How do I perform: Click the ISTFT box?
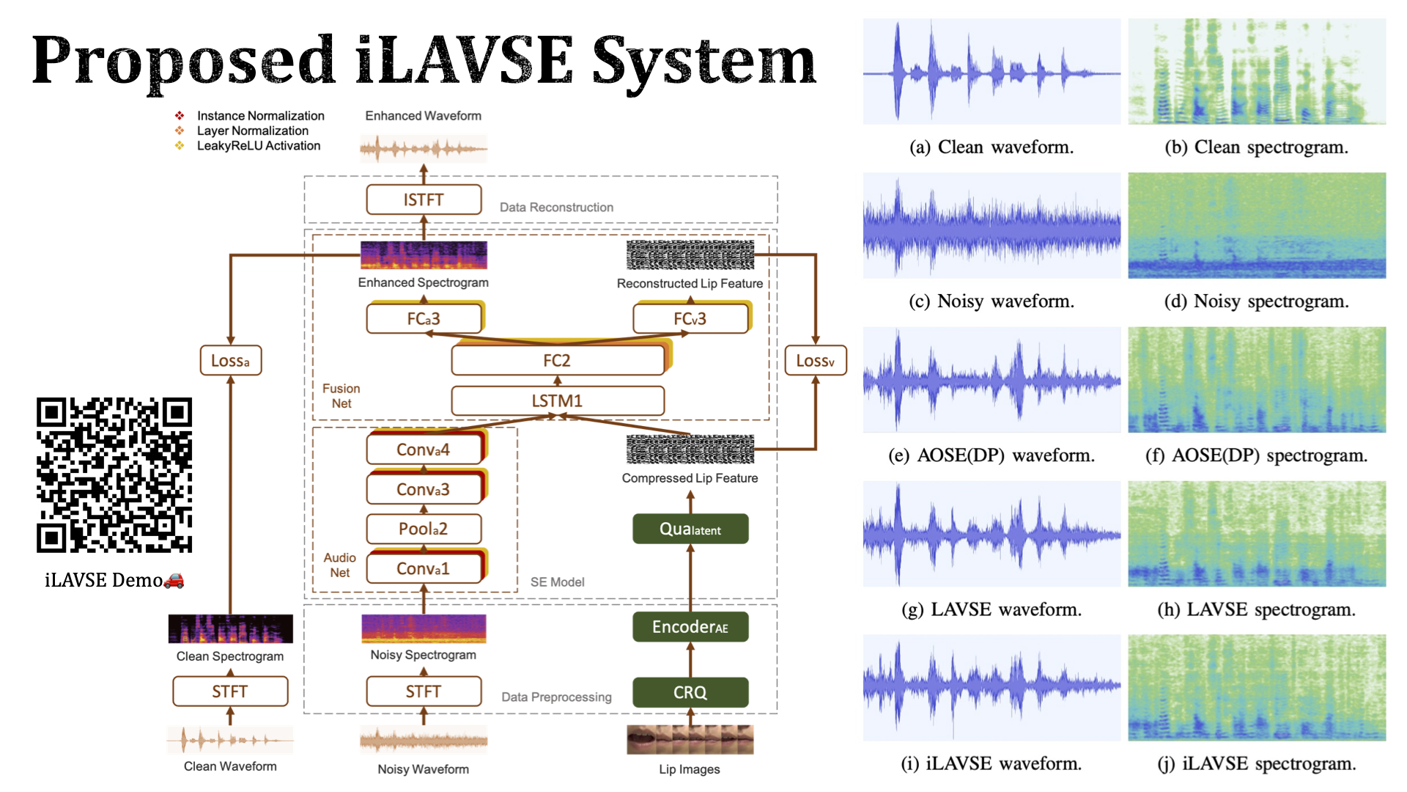[424, 199]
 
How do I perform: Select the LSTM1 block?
[557, 401]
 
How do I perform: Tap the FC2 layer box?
[557, 360]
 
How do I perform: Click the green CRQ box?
[690, 692]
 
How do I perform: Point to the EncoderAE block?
[690, 627]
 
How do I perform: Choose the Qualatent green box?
[690, 529]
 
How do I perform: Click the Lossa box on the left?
[230, 361]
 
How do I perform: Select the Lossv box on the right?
[815, 361]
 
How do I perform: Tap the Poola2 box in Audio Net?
[424, 529]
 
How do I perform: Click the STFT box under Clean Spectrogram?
[230, 692]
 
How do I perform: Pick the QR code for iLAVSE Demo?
[114, 474]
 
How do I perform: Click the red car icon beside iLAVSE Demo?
[174, 581]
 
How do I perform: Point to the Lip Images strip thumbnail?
[690, 739]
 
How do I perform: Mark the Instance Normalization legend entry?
[260, 116]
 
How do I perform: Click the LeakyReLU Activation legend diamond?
[180, 145]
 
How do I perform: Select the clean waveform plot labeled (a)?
[991, 71]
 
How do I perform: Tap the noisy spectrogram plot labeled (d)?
[1256, 225]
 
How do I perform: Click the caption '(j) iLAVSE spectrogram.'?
[1256, 764]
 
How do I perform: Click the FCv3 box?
[690, 319]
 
